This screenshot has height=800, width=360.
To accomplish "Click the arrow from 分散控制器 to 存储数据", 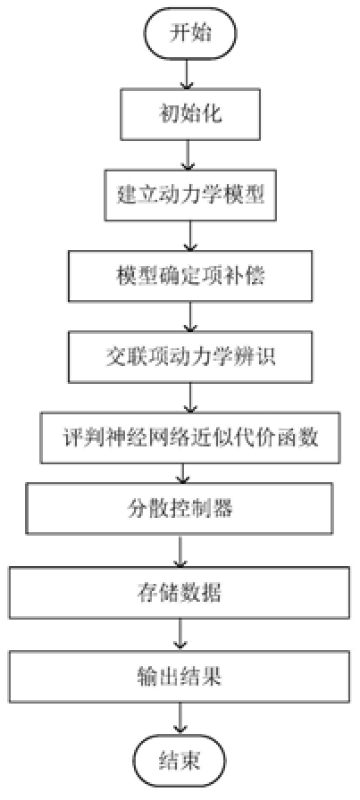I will (x=182, y=551).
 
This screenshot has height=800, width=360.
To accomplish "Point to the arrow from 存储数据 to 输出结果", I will (x=182, y=634).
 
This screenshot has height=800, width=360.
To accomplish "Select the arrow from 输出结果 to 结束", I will (x=182, y=717).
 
